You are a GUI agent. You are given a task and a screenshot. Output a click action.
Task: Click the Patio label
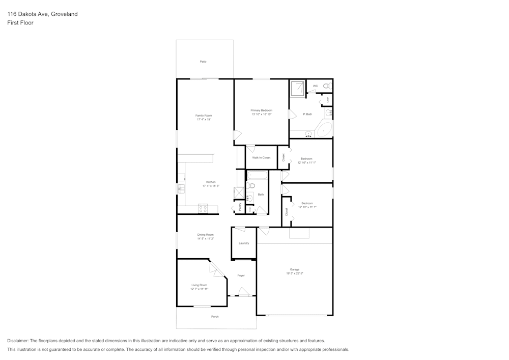pos(203,62)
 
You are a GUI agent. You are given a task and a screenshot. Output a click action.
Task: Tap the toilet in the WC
pos(327,87)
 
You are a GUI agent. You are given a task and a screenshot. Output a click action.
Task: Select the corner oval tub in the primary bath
pos(325,129)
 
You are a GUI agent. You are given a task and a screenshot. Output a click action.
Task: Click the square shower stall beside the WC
pos(297,88)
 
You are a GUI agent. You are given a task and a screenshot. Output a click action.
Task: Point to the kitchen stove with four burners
pos(203,208)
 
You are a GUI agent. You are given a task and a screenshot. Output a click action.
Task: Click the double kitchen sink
pos(181,189)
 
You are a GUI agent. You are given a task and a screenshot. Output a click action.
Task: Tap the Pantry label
pos(240,207)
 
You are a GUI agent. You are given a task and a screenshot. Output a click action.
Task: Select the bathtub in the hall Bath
pos(257,176)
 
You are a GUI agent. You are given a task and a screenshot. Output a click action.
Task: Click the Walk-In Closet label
pos(261,158)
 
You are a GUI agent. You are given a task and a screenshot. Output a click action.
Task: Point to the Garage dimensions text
pos(295,273)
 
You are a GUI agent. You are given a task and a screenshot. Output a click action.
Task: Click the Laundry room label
pos(244,243)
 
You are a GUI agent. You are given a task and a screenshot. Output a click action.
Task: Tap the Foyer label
pos(241,275)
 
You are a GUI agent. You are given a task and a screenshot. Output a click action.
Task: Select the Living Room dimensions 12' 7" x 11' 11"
pos(200,289)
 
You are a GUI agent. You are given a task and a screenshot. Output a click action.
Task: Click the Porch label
pos(215,317)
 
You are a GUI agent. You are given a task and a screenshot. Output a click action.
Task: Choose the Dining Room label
pos(205,235)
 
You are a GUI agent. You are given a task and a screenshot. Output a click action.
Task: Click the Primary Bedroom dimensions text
pos(261,114)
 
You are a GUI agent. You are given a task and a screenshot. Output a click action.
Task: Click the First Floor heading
pos(20,23)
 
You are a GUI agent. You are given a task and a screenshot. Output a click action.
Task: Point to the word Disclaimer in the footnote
pos(18,341)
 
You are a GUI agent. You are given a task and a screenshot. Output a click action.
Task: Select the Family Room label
pos(203,116)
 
